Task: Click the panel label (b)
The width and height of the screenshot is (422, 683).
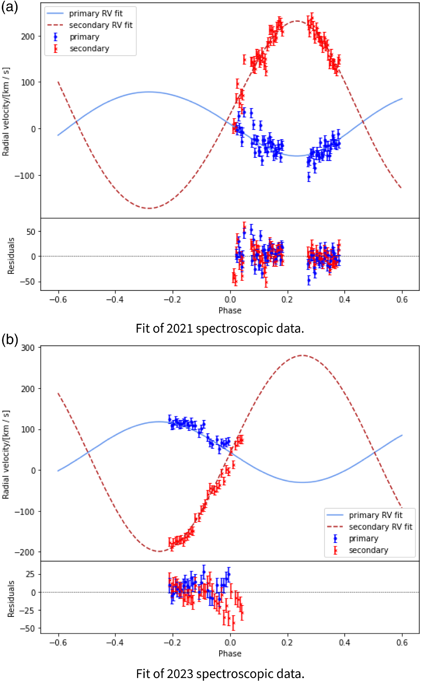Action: (x=10, y=340)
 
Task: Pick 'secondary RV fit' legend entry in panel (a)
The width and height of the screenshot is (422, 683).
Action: (x=100, y=25)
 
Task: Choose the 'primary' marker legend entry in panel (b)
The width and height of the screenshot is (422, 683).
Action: (x=363, y=538)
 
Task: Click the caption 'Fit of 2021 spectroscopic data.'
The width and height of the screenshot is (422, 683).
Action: (x=220, y=328)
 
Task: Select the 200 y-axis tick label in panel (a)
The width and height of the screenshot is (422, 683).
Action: (x=28, y=37)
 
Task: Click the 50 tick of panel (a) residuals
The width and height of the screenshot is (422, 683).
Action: (x=31, y=232)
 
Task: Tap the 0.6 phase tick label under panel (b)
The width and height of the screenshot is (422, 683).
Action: (x=402, y=642)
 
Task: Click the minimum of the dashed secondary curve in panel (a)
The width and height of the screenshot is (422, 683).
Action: (x=150, y=208)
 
